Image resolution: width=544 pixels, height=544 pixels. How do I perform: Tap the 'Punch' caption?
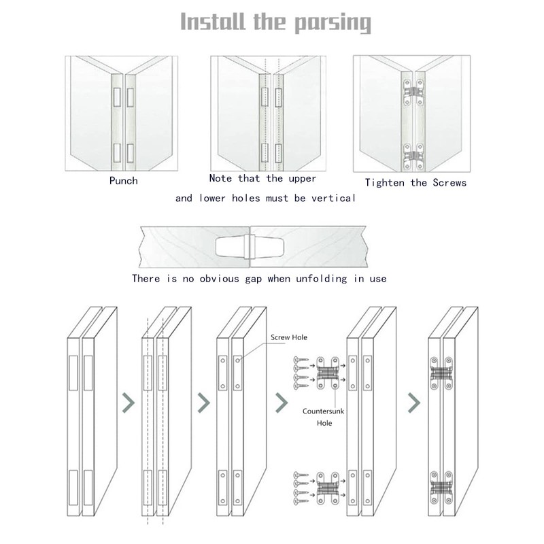tap(124, 181)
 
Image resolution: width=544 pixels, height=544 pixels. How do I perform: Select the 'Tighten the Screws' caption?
tap(415, 182)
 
